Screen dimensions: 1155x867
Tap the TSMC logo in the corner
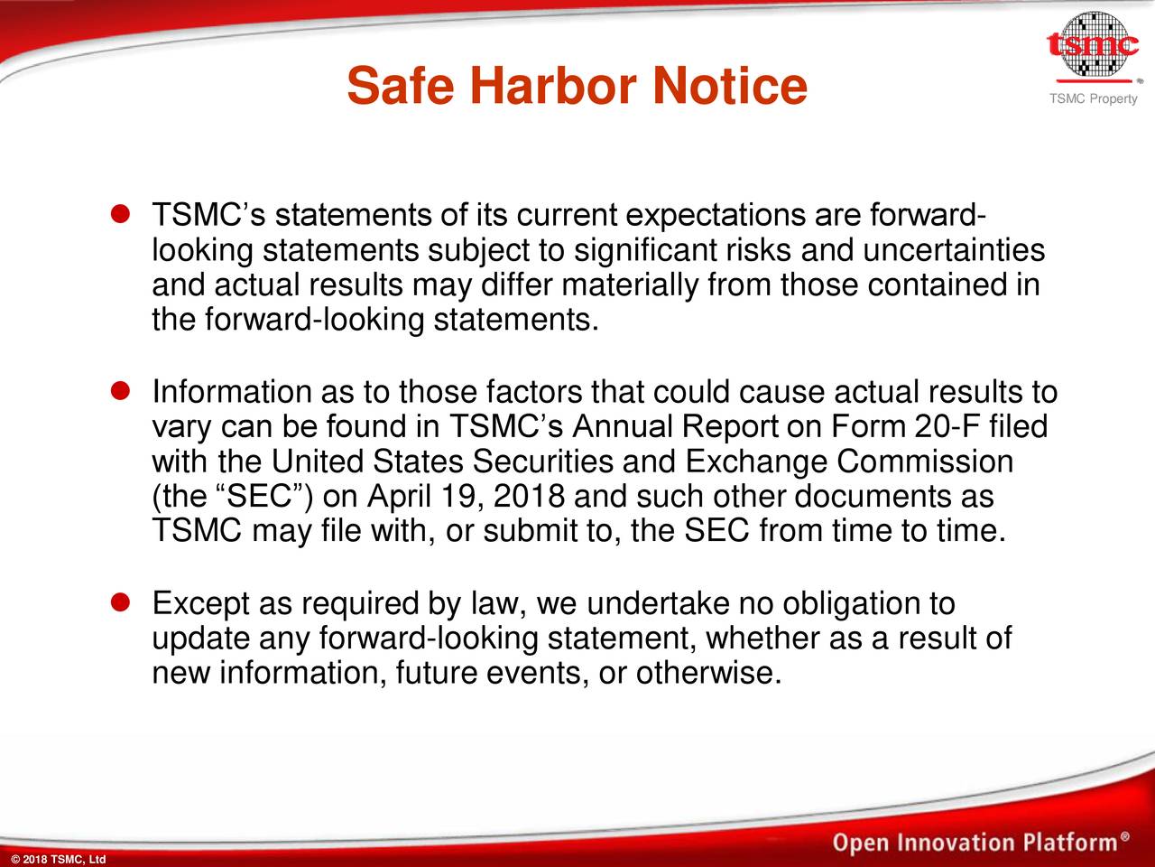click(x=1093, y=47)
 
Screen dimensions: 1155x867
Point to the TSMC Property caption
click(x=1094, y=98)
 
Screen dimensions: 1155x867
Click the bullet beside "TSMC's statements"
click(x=121, y=214)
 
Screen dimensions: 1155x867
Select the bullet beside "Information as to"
click(x=121, y=390)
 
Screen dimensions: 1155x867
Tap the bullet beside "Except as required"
click(x=121, y=602)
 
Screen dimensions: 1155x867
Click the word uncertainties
click(x=954, y=249)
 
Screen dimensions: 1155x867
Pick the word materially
click(x=630, y=284)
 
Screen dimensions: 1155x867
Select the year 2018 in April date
click(x=530, y=496)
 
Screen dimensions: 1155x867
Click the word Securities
click(x=542, y=461)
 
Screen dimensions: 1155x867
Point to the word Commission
click(x=925, y=461)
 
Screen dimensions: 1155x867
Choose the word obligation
click(x=869, y=604)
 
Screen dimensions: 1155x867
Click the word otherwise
click(x=708, y=673)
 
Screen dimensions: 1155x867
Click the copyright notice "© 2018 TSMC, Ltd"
click(x=58, y=859)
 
